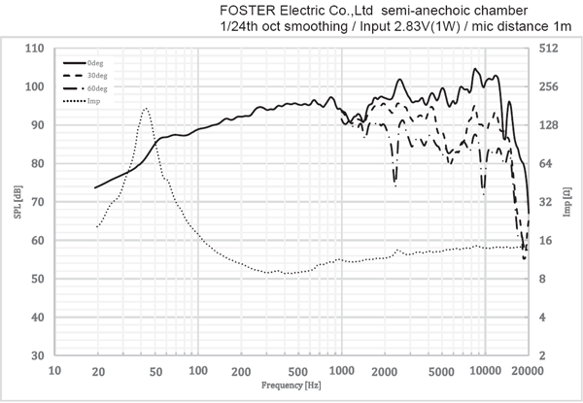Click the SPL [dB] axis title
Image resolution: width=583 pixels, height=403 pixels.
pyautogui.click(x=17, y=202)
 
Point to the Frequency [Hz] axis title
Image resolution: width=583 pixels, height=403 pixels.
pyautogui.click(x=290, y=386)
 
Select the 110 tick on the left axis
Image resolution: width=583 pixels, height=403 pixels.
pyautogui.click(x=34, y=49)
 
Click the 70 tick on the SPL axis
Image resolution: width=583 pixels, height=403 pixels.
pyautogui.click(x=37, y=202)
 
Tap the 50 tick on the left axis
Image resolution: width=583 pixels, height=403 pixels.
pyautogui.click(x=37, y=279)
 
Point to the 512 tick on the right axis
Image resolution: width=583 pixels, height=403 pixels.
pyautogui.click(x=547, y=49)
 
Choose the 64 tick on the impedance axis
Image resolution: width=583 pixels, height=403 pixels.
pyautogui.click(x=545, y=163)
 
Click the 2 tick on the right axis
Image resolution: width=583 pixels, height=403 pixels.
pyautogui.click(x=542, y=355)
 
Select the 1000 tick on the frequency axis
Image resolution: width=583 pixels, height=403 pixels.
pyautogui.click(x=340, y=371)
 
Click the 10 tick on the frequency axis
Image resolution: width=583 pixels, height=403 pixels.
pyautogui.click(x=54, y=371)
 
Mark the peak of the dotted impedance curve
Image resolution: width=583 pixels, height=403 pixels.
pyautogui.click(x=146, y=109)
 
